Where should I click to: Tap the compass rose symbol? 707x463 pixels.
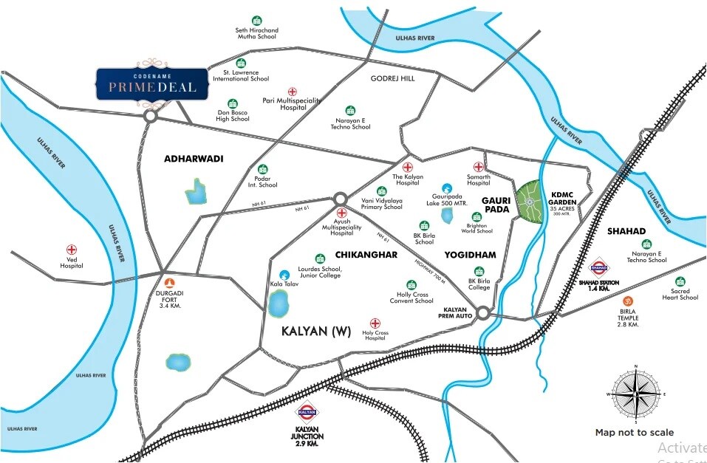(635, 394)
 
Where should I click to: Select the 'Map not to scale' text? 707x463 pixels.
(634, 433)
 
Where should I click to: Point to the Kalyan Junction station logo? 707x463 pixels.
(307, 413)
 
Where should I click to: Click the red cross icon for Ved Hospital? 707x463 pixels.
(72, 250)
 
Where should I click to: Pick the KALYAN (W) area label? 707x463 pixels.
(315, 332)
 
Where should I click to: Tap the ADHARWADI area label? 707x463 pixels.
(194, 159)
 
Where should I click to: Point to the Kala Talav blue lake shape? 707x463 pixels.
(279, 303)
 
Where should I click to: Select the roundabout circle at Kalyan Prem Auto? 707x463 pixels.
(483, 314)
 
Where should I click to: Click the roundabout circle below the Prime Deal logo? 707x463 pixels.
(151, 116)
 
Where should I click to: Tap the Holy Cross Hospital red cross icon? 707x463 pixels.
(375, 323)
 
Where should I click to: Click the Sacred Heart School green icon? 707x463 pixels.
(680, 281)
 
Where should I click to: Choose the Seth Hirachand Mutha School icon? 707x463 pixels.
(256, 21)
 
